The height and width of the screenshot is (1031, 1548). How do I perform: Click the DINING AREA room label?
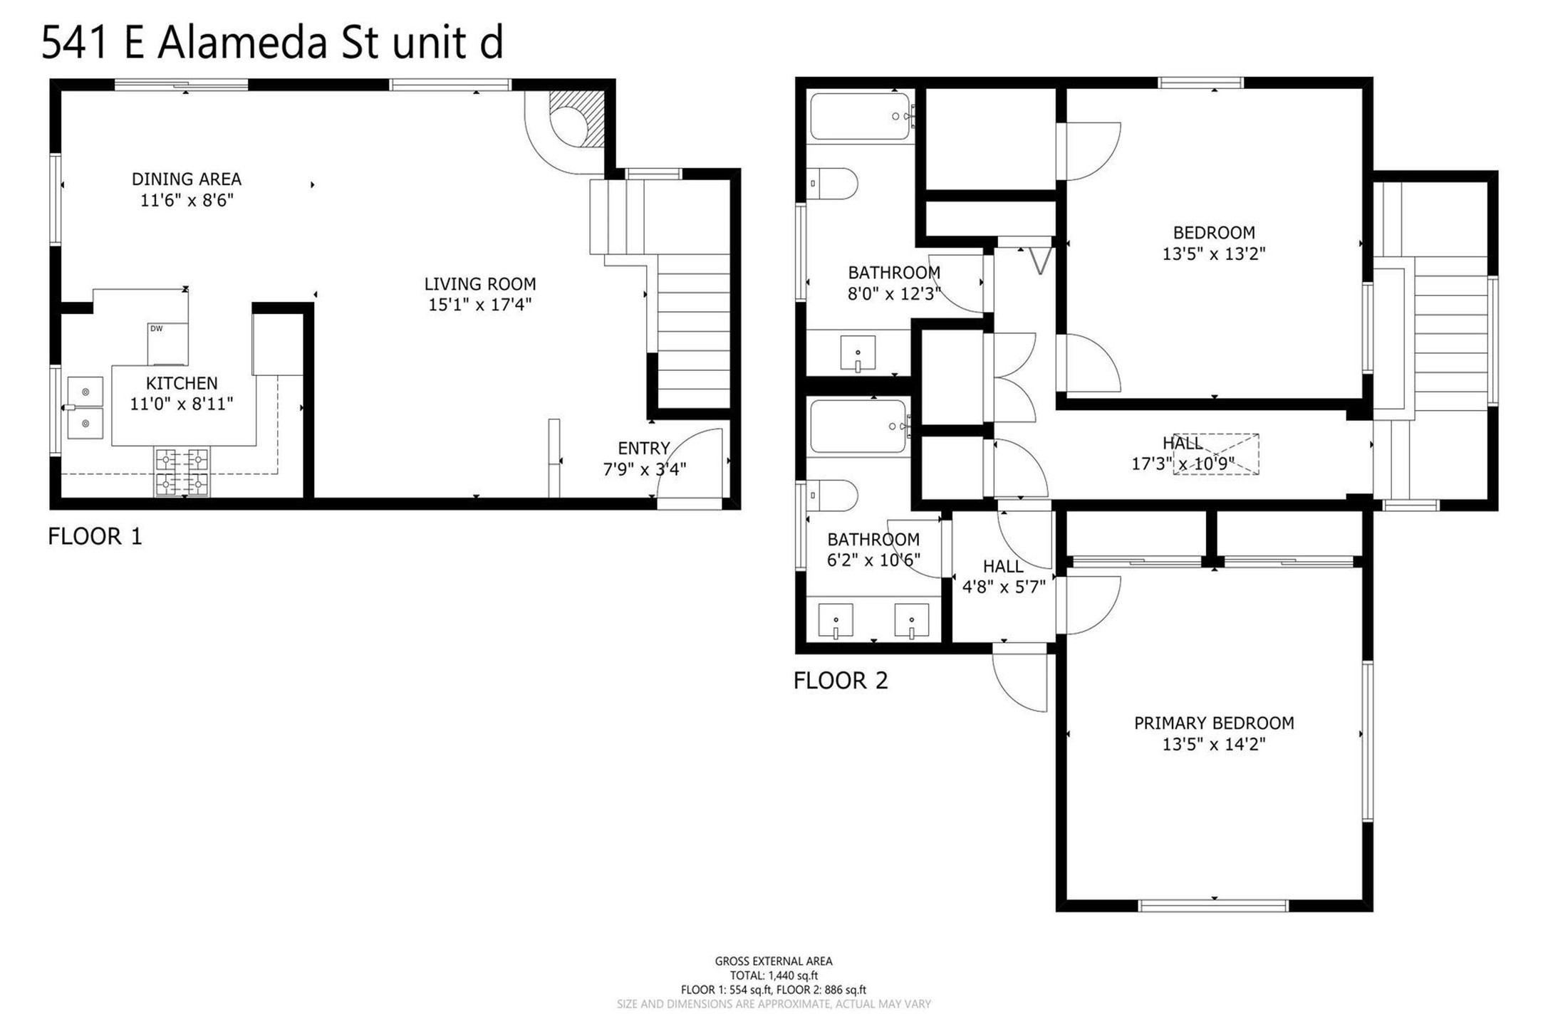click(187, 179)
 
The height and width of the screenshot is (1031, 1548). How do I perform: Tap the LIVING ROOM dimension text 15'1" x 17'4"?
click(480, 305)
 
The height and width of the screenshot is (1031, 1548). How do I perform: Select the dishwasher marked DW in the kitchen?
click(168, 344)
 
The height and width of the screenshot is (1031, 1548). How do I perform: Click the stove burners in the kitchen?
click(182, 471)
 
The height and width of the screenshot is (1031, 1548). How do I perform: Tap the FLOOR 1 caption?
click(95, 536)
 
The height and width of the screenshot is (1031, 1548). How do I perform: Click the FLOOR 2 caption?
click(841, 681)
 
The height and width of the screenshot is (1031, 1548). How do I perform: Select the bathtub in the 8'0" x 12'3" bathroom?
click(861, 116)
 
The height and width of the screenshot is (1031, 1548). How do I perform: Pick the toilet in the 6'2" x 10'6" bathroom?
click(832, 496)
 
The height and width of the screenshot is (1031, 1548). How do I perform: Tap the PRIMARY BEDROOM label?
click(1214, 723)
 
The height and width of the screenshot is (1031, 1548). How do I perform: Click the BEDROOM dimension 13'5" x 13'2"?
click(1214, 253)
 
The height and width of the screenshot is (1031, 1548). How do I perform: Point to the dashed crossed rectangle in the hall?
click(1216, 454)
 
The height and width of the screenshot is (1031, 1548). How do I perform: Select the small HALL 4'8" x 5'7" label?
click(1004, 577)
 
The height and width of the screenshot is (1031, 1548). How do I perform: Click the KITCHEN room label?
click(182, 383)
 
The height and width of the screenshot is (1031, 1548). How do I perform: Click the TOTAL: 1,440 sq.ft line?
click(774, 975)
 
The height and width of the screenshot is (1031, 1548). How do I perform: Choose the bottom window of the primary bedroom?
click(1213, 906)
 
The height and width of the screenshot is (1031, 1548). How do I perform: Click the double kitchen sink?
click(85, 408)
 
